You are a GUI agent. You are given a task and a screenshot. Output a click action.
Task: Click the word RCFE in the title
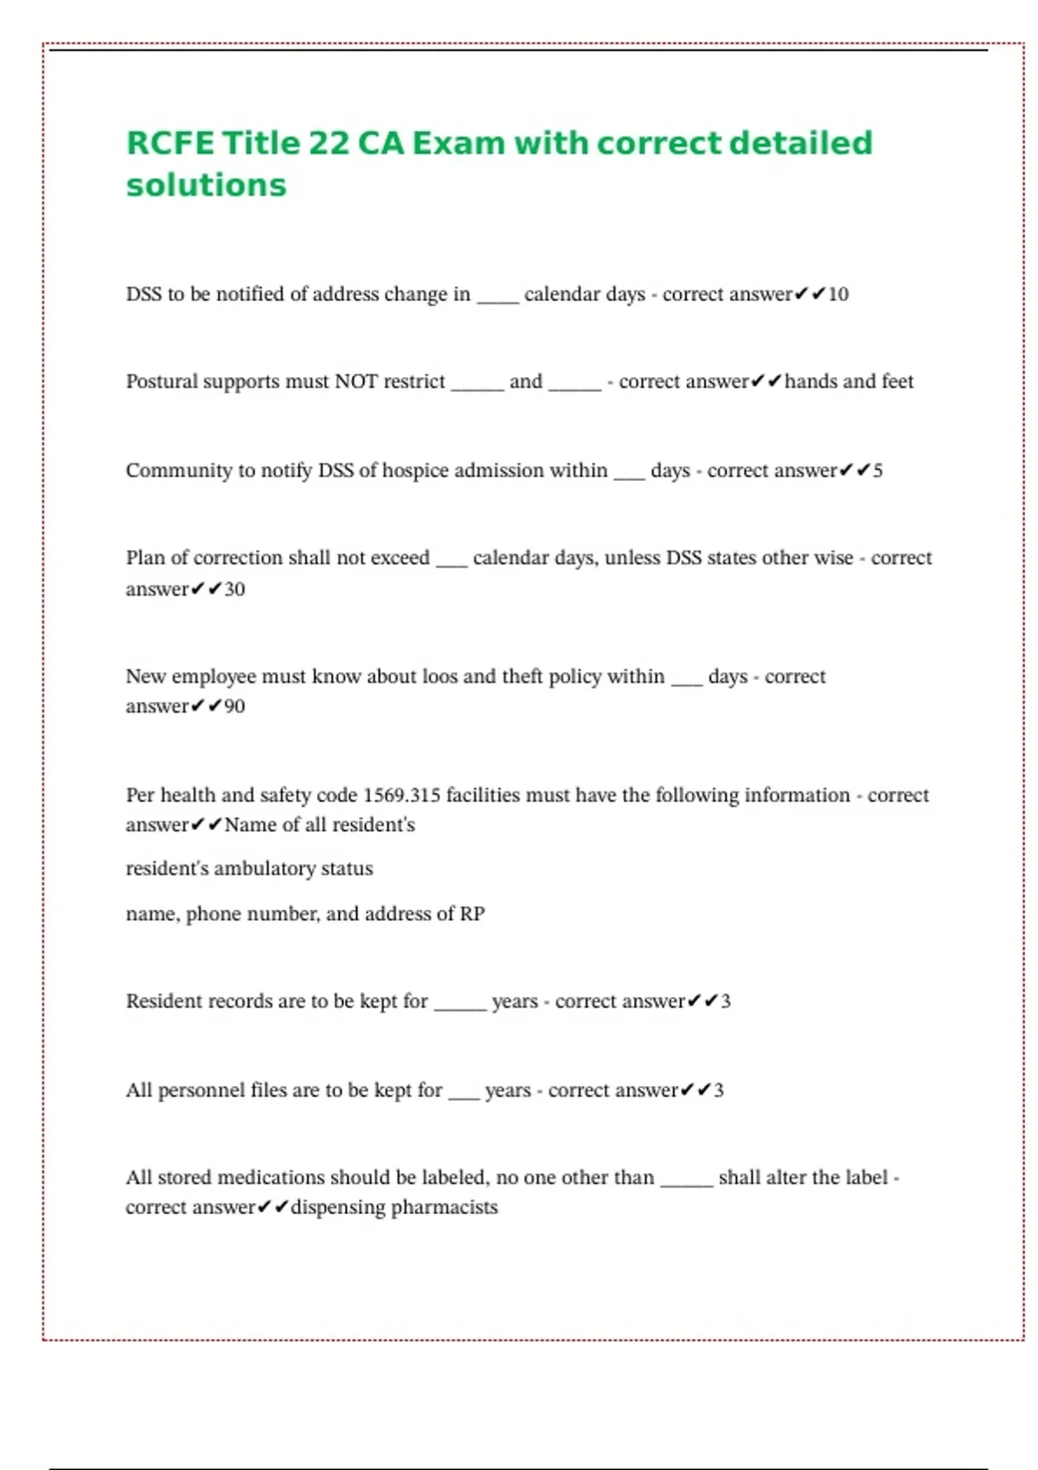(170, 144)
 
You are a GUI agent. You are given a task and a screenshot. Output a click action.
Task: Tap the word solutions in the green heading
(206, 185)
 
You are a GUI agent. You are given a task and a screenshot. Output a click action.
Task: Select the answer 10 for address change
(838, 295)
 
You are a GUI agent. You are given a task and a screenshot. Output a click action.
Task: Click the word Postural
(161, 381)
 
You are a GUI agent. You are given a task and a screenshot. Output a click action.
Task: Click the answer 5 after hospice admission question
(878, 471)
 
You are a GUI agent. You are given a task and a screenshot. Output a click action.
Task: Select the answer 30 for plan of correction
(234, 590)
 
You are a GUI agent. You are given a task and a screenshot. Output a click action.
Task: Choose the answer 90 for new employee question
(234, 706)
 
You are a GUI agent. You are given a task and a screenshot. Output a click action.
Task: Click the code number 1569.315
(401, 796)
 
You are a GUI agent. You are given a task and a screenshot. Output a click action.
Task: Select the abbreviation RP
(472, 914)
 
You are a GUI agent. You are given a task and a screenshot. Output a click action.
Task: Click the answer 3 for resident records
(726, 1001)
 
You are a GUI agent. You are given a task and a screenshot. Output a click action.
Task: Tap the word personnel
(202, 1090)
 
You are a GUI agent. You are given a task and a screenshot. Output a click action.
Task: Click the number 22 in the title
(328, 144)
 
